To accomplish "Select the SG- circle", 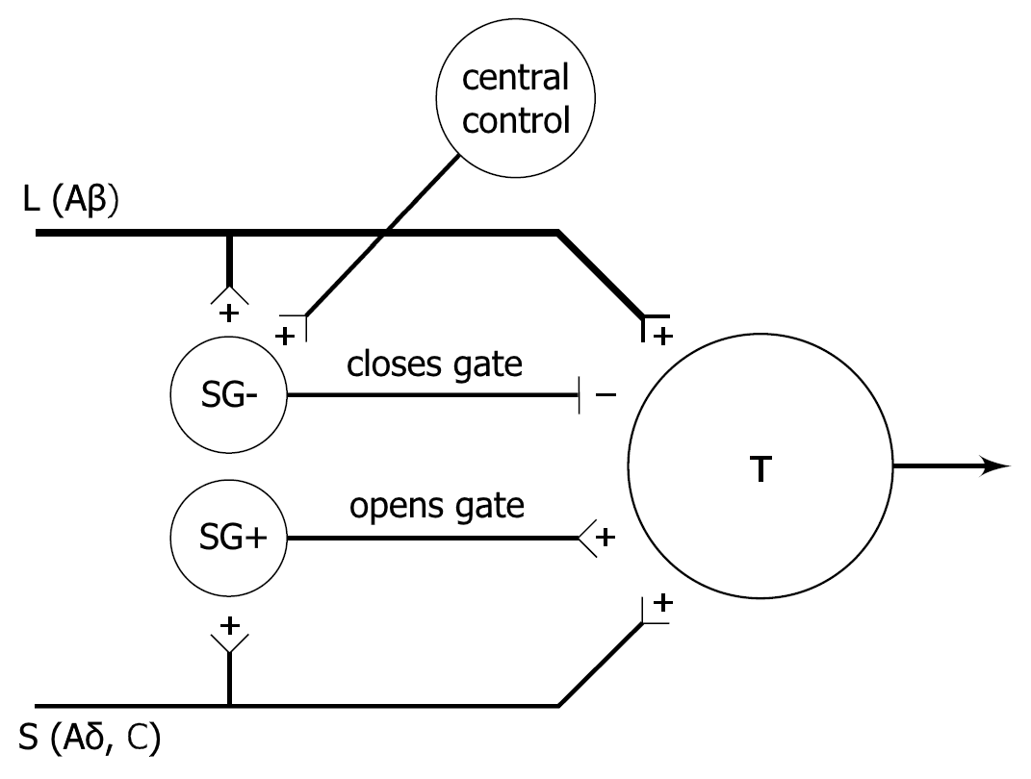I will click(228, 395).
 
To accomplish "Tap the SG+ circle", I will click(228, 539).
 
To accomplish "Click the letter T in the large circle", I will click(760, 470).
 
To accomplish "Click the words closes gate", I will click(435, 365).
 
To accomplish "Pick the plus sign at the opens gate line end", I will click(605, 539).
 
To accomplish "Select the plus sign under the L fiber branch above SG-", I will click(229, 313).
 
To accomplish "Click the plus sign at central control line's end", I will click(286, 336).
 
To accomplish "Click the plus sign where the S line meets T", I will click(662, 604).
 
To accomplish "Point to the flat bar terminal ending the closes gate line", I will click(580, 395).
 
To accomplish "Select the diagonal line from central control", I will click(385, 234).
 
